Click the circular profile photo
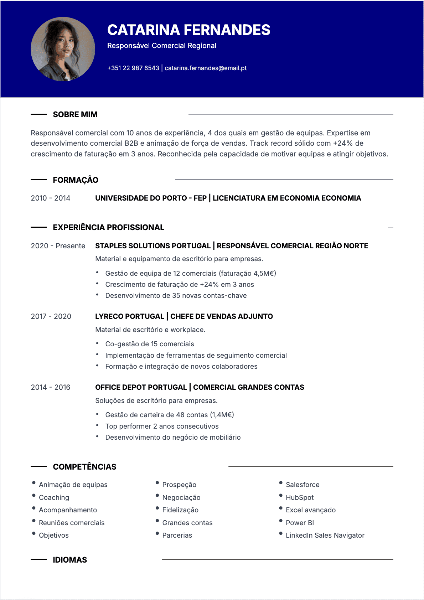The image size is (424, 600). tap(63, 49)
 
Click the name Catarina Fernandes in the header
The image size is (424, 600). tap(188, 30)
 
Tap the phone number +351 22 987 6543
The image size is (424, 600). tap(133, 68)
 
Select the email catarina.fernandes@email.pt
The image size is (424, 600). tap(206, 68)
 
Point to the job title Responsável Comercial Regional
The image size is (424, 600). tap(162, 46)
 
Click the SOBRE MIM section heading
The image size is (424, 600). tap(75, 114)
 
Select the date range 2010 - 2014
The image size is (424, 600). tap(51, 198)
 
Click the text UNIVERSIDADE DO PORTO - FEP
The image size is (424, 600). tap(151, 198)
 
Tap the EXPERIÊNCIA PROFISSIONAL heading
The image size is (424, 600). tap(109, 227)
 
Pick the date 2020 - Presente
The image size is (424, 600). tap(58, 246)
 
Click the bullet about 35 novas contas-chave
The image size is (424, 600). tap(176, 295)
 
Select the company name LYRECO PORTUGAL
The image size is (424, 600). tap(130, 316)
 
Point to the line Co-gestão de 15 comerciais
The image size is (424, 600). tap(150, 344)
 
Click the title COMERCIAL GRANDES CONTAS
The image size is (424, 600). tap(249, 387)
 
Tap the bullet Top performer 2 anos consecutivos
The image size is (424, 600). tap(162, 426)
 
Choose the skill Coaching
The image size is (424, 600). tap(54, 497)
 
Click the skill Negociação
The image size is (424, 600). tap(181, 497)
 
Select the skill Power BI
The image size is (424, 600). tap(300, 523)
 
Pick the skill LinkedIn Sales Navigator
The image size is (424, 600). tap(325, 535)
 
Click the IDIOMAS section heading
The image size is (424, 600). tap(70, 560)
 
